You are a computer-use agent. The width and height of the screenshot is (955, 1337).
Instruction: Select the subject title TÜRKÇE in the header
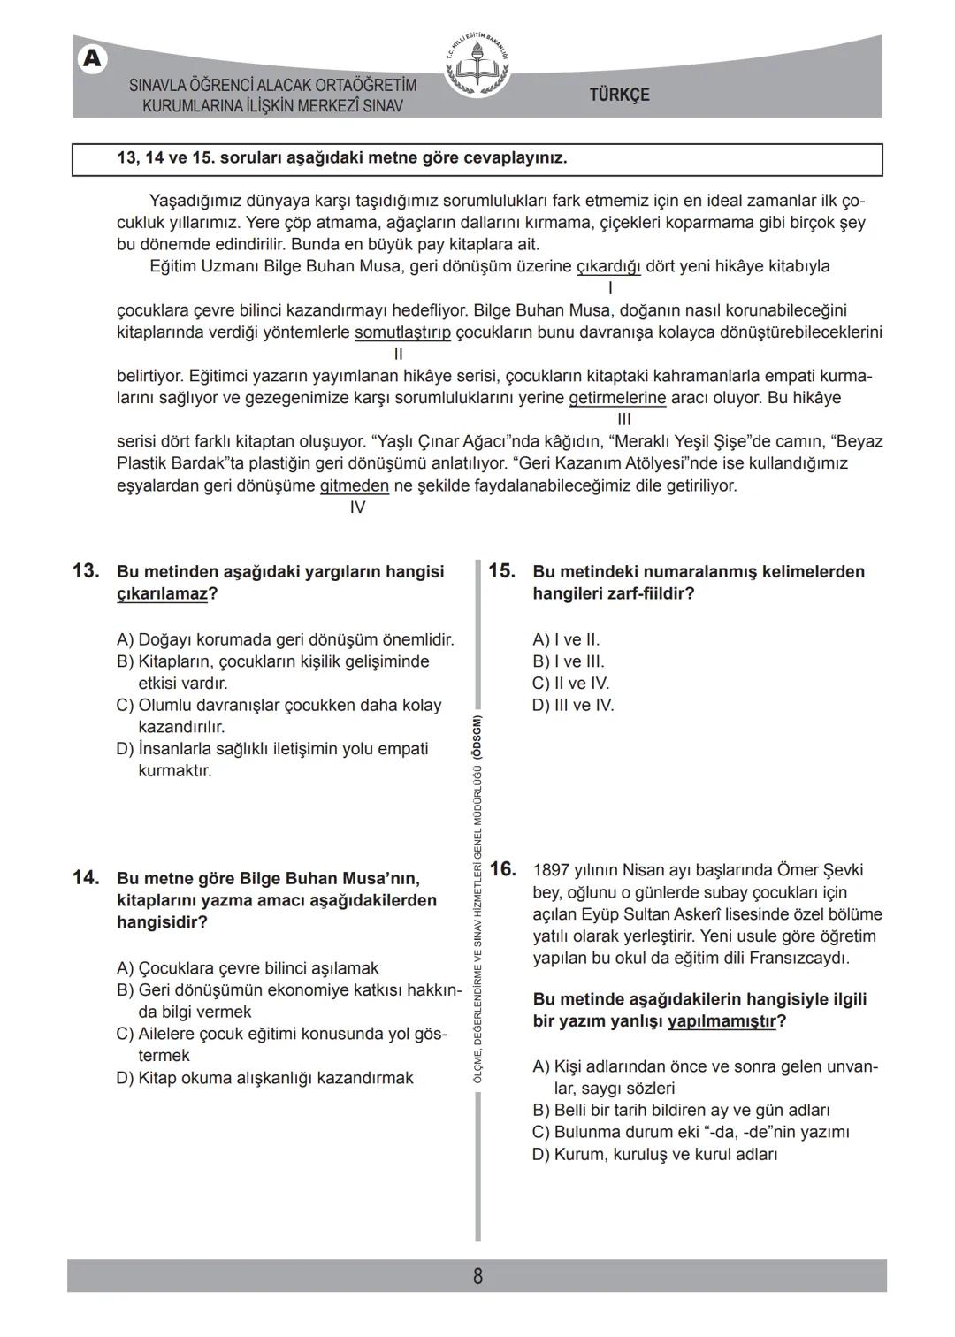click(619, 95)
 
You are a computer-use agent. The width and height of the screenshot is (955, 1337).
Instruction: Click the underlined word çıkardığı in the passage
click(608, 266)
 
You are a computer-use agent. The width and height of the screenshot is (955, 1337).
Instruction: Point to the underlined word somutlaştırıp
click(402, 332)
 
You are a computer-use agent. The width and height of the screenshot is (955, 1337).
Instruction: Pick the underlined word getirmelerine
click(617, 398)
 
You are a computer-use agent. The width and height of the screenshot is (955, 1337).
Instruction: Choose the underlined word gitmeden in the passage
click(354, 485)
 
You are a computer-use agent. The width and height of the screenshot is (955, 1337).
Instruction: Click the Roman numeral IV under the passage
click(357, 508)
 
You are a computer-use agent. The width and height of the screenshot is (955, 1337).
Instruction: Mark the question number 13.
click(85, 571)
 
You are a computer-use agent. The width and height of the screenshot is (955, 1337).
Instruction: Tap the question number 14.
click(85, 878)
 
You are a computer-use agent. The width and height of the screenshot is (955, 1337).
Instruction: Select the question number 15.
click(501, 571)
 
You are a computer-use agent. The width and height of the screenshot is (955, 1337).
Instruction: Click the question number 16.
click(501, 869)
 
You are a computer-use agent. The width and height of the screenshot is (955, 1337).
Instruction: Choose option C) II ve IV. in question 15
click(570, 684)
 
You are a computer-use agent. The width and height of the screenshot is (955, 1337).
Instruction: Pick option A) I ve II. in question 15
click(566, 639)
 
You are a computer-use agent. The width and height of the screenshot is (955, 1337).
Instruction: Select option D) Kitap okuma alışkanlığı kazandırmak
click(264, 1078)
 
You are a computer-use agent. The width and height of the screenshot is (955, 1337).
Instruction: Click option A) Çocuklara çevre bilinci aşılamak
click(248, 968)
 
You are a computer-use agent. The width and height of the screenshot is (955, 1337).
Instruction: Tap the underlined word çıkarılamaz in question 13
click(162, 593)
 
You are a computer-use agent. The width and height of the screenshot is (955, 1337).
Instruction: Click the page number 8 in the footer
click(477, 1276)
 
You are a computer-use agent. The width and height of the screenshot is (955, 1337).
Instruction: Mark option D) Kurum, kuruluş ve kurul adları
click(654, 1154)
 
